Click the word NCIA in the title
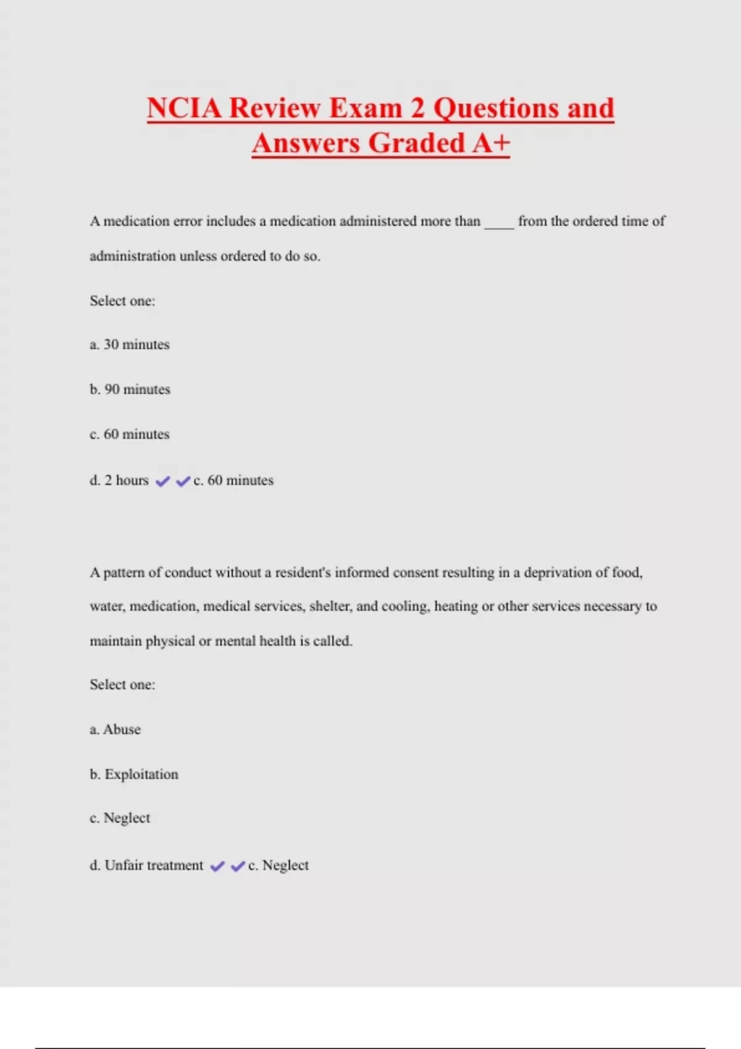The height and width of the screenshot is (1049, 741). click(x=184, y=108)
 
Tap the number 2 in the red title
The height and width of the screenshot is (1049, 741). click(x=417, y=108)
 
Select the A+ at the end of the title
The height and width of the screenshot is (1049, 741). click(x=492, y=143)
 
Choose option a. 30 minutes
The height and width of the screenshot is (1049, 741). click(x=130, y=344)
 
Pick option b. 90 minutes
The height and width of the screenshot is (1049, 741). click(x=130, y=389)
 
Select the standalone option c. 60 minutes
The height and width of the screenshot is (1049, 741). click(x=130, y=434)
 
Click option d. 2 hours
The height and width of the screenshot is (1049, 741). click(x=119, y=480)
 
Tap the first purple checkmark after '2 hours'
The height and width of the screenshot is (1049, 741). click(x=162, y=481)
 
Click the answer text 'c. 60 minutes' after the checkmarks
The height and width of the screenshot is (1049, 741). click(x=233, y=480)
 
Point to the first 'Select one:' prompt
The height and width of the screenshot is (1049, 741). click(x=122, y=301)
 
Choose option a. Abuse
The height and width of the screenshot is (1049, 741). click(x=115, y=729)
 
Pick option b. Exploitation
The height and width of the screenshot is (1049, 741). click(x=134, y=774)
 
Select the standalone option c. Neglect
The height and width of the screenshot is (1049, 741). click(x=120, y=818)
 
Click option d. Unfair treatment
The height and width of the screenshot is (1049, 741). click(x=146, y=865)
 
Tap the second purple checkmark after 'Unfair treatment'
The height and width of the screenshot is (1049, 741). click(x=238, y=866)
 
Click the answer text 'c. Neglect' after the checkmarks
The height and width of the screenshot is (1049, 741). click(x=278, y=865)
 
